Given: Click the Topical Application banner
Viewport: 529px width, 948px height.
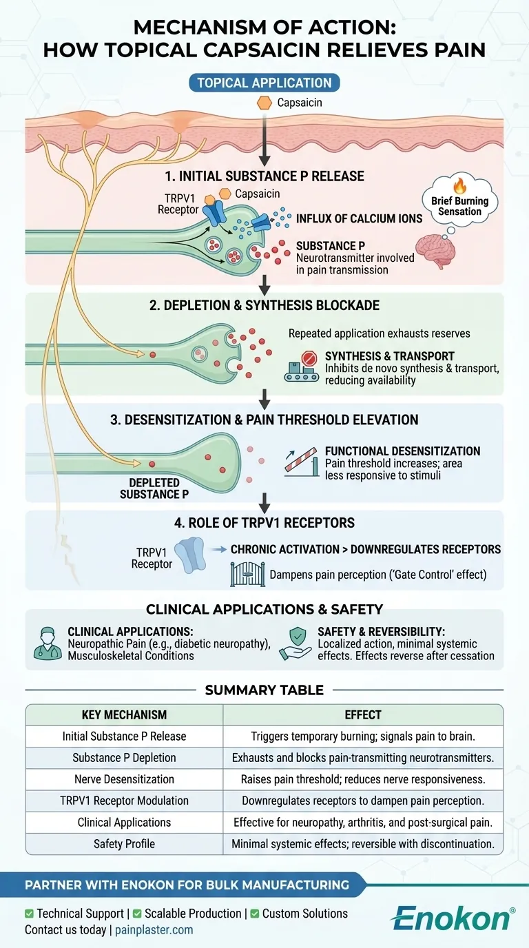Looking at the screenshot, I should pos(264,83).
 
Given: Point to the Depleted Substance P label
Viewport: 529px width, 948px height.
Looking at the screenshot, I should pos(154,488).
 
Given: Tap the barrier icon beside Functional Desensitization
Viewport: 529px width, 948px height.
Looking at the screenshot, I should pos(302,463).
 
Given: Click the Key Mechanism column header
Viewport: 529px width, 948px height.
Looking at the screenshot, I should pos(124,714).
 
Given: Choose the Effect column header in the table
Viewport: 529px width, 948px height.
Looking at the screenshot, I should pos(363,714).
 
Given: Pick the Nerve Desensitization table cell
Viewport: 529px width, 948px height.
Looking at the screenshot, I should pos(124,779).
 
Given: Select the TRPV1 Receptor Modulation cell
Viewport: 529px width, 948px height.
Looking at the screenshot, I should pos(124,801).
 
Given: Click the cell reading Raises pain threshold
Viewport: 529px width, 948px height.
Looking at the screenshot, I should pos(363,779).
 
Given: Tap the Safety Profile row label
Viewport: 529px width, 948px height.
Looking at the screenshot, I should pos(124,843).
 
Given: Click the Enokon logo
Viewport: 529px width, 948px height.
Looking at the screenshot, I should pos(452,918).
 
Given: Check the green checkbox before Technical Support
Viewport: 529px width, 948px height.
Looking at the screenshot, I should pos(29,914).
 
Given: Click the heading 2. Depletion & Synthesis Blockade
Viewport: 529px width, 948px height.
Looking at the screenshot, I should pos(264,305).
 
